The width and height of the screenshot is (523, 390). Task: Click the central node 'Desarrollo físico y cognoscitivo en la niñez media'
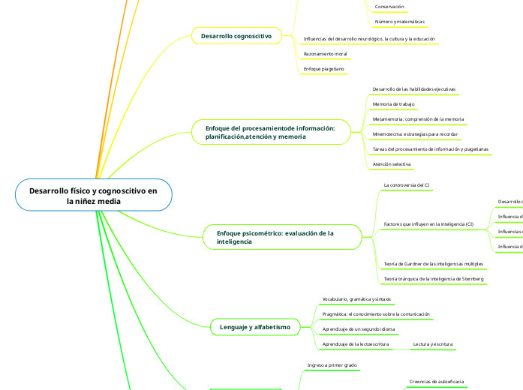coord(93,196)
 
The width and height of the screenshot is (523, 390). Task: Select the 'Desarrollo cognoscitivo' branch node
coord(236,35)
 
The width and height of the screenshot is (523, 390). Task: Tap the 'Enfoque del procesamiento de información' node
coord(270,133)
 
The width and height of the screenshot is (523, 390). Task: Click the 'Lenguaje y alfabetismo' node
coord(254,328)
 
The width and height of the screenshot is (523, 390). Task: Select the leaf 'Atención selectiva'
coord(392,163)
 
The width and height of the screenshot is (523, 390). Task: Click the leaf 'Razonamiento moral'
coord(325,54)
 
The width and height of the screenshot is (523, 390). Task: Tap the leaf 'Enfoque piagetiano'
coord(323,69)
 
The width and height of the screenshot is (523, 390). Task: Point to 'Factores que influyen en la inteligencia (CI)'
coord(428,224)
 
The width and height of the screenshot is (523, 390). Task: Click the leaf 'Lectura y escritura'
coord(434,343)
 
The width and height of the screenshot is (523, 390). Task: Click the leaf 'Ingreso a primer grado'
coord(332,365)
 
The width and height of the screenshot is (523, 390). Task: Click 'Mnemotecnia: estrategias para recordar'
coord(415,134)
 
